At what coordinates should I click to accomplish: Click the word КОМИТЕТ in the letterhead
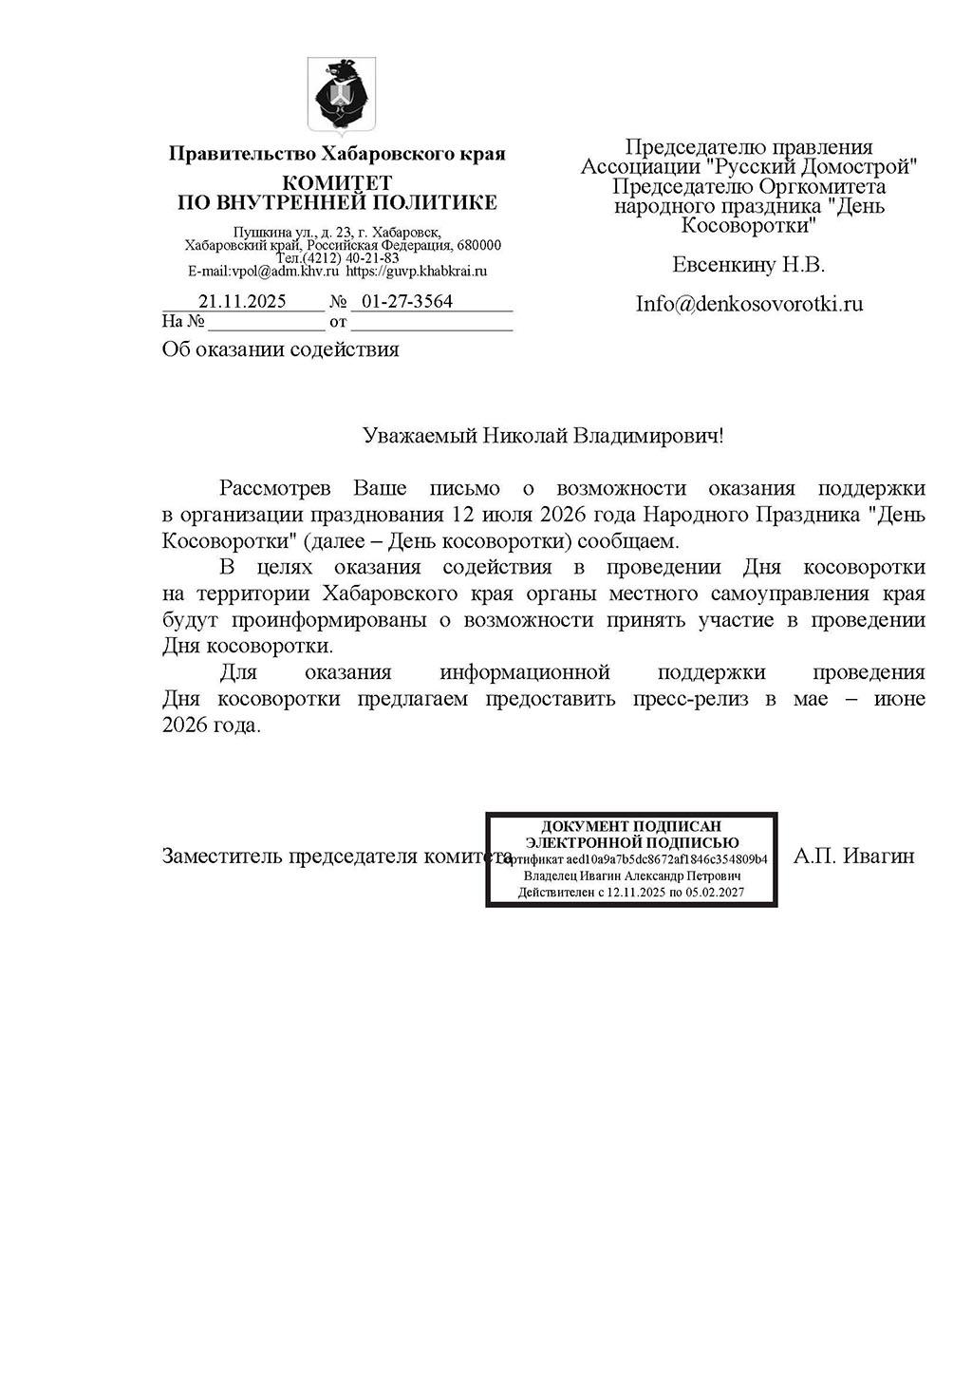click(x=337, y=183)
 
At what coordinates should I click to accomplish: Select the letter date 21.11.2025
click(x=242, y=302)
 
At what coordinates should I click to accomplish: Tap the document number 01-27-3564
click(x=403, y=302)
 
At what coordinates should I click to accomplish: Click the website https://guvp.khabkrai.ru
click(x=416, y=271)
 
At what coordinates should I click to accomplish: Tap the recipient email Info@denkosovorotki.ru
click(x=749, y=304)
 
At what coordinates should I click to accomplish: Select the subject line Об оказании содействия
click(x=281, y=349)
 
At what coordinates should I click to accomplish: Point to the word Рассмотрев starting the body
click(x=275, y=489)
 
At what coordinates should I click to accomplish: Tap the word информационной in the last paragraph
click(x=524, y=672)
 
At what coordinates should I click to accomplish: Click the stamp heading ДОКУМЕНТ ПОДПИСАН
click(x=631, y=826)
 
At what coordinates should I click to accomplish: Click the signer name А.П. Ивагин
click(x=853, y=856)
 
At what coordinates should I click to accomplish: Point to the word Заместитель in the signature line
click(x=222, y=856)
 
